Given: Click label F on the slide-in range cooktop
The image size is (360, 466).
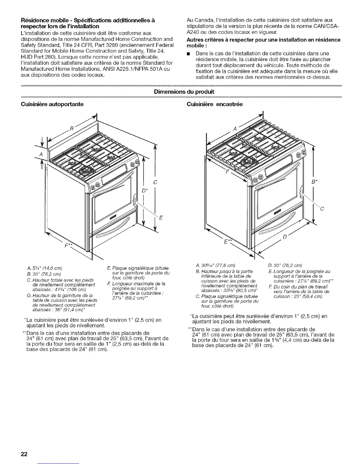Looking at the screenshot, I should click(x=226, y=172).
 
